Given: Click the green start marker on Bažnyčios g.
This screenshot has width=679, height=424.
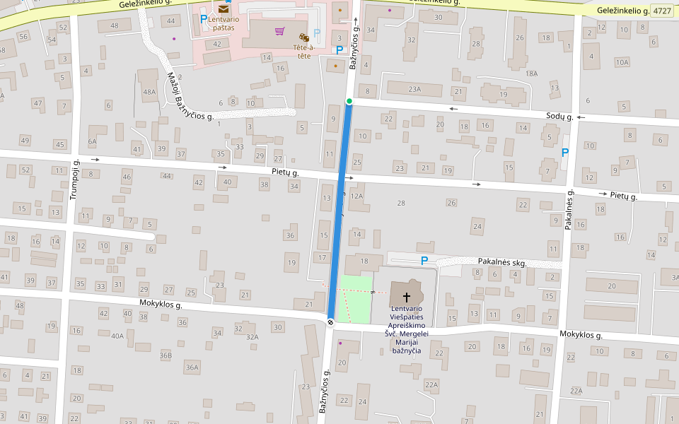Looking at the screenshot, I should pyautogui.click(x=349, y=102).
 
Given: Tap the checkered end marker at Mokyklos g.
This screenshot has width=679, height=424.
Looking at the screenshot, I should pyautogui.click(x=330, y=322).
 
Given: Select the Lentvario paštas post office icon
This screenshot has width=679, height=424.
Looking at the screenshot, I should pyautogui.click(x=224, y=8).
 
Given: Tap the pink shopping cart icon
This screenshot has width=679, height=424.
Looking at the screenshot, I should pyautogui.click(x=280, y=31).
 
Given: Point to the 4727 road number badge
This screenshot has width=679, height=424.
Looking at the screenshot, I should pyautogui.click(x=662, y=11).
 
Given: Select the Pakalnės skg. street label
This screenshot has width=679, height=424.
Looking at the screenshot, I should pyautogui.click(x=502, y=263).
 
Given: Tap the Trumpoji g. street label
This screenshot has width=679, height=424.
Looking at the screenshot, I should pyautogui.click(x=74, y=179).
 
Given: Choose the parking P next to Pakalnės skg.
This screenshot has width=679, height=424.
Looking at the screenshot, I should pyautogui.click(x=424, y=261).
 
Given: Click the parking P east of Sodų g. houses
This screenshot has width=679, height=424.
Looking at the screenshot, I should pyautogui.click(x=564, y=152).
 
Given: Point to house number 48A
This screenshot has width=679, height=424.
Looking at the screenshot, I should pyautogui.click(x=149, y=92).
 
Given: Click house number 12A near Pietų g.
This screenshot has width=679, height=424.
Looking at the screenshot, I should pyautogui.click(x=356, y=196).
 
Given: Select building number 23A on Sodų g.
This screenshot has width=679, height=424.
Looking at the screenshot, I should pyautogui.click(x=414, y=89).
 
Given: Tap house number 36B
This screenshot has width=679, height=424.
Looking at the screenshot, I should pyautogui.click(x=166, y=355).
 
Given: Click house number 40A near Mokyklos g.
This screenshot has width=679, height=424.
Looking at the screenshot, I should pyautogui.click(x=117, y=336).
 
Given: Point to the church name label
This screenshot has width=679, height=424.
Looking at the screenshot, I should pyautogui.click(x=407, y=329).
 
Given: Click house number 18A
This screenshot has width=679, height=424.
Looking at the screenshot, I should pyautogui.click(x=532, y=73).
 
